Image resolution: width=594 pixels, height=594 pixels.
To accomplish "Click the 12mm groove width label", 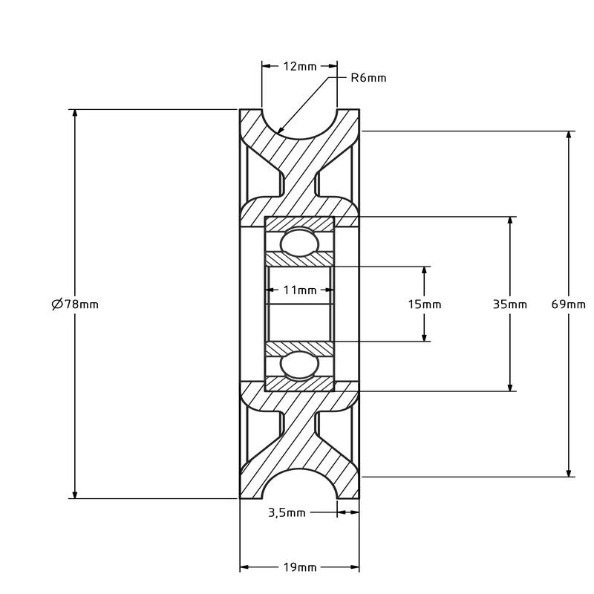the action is click(299, 66).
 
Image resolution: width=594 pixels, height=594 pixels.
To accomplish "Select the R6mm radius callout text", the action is click(368, 78).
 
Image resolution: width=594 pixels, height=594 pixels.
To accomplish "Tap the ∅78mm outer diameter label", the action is click(75, 304).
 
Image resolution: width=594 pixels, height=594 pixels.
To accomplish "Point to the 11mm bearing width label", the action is click(299, 290).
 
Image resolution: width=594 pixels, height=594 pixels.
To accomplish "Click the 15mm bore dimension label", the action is click(425, 304).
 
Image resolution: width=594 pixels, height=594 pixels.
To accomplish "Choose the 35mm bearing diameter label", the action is click(510, 304).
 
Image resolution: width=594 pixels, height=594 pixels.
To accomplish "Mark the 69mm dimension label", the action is click(569, 304).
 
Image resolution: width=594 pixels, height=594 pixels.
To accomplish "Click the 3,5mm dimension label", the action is click(286, 512).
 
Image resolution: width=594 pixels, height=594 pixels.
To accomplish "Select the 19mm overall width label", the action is click(299, 568).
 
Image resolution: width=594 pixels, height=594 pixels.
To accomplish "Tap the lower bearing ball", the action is click(299, 365).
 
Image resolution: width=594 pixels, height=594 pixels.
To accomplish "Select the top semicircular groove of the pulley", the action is click(299, 123).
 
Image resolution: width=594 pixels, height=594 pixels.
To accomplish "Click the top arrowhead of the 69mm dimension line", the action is click(569, 134).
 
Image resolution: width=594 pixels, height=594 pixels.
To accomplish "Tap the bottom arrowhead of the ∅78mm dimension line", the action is click(74, 496).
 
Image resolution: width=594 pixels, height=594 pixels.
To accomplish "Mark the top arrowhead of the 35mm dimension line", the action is click(510, 219).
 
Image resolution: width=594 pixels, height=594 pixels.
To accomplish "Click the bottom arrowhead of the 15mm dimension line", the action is click(425, 339).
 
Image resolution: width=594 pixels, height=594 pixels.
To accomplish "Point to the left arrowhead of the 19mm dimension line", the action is click(242, 568).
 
